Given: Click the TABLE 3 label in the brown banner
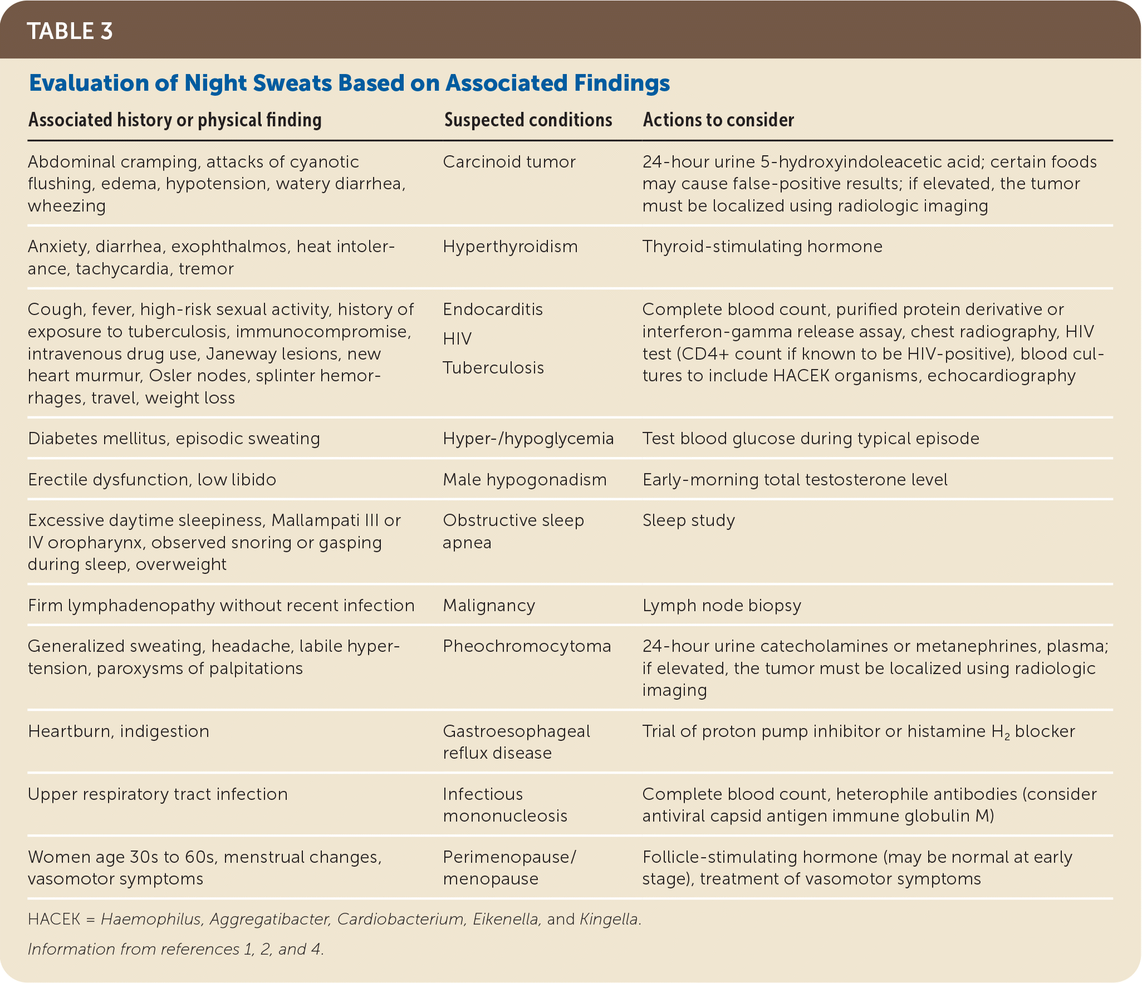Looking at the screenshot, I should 70,31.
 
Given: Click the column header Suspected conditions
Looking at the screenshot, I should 528,120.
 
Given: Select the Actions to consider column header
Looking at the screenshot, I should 718,120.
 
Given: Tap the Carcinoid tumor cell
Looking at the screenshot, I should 509,162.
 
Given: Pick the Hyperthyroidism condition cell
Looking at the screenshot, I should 510,247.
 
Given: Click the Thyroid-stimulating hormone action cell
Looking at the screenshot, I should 762,247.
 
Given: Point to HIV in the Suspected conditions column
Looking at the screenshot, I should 457,338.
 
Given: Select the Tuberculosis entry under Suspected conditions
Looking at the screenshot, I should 493,368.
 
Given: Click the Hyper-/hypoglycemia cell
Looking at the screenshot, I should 528,439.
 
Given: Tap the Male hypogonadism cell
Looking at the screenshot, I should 525,480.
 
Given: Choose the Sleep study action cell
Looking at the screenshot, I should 689,520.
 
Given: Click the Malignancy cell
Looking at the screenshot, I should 489,606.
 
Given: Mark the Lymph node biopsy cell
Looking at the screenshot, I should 722,606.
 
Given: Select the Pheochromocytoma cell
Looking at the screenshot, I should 527,646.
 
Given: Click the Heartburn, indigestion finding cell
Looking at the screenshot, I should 119,731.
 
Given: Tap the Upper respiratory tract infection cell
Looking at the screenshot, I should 158,794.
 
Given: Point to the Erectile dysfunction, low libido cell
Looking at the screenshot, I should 152,480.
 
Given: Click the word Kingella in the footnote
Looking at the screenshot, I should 609,919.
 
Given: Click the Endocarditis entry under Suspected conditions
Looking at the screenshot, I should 493,309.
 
